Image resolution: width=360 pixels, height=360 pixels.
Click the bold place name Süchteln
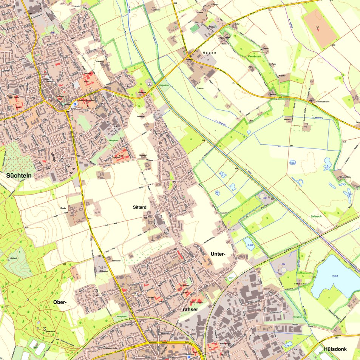pos(18,176)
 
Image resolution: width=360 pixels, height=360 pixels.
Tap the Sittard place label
pos(139,207)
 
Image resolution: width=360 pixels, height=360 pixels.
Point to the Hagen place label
pos(209,53)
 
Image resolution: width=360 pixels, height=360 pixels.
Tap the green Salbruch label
pos(316,216)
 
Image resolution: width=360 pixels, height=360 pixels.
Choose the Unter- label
pos(218,254)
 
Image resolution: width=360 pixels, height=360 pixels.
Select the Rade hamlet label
pos(63,208)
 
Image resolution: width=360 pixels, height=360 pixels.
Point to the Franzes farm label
pos(200,88)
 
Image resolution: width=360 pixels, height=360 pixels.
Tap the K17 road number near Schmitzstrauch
pos(281,98)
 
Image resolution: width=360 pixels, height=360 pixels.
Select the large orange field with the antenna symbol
pos(320,29)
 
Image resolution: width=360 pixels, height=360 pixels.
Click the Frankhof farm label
pos(100,61)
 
